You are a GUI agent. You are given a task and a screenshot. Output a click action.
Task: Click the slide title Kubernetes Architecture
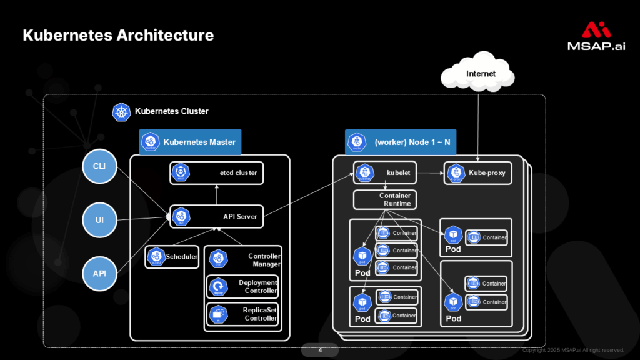118,35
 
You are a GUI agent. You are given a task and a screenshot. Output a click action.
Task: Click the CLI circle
99,166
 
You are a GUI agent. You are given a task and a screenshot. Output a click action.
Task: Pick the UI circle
99,220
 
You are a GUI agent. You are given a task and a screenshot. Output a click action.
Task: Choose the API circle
99,274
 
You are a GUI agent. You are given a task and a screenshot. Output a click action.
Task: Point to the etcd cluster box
217,173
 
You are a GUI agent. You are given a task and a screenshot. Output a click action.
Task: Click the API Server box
217,217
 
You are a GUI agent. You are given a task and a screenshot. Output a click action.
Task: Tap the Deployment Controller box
242,287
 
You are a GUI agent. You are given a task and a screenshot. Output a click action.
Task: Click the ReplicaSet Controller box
242,314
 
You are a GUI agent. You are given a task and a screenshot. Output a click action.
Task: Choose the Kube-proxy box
477,173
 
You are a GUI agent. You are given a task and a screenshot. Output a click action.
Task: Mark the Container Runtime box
385,200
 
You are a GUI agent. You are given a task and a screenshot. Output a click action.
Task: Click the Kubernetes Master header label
190,142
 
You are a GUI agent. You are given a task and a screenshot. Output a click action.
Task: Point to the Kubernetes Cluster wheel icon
121,112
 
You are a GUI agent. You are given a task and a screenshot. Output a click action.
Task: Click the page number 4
320,350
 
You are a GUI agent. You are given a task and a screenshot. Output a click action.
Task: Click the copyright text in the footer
573,350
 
